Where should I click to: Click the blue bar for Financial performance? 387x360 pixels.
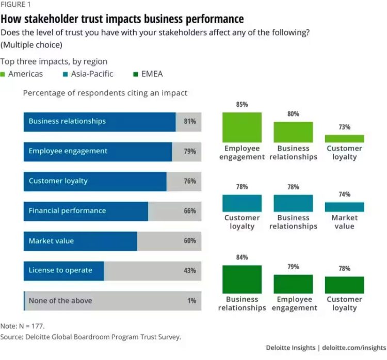(x=86, y=211)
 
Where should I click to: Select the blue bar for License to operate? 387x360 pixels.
(x=63, y=270)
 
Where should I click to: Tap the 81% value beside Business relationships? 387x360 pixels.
(x=189, y=122)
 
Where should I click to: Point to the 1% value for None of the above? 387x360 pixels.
(x=191, y=301)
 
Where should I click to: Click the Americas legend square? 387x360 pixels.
(x=4, y=74)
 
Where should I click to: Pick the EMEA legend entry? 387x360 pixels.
(x=148, y=74)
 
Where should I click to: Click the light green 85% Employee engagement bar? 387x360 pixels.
(x=242, y=127)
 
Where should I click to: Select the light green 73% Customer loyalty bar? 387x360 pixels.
(x=344, y=138)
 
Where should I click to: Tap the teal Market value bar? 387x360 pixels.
(x=344, y=207)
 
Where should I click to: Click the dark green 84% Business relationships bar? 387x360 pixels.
(x=242, y=280)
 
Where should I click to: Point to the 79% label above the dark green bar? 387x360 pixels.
(x=293, y=267)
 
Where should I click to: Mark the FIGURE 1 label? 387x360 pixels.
(x=15, y=6)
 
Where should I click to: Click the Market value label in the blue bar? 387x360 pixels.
(x=51, y=241)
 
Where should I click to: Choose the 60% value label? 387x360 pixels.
(x=189, y=241)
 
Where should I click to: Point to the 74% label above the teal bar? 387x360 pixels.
(x=344, y=194)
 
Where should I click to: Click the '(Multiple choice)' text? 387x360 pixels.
(x=31, y=44)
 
